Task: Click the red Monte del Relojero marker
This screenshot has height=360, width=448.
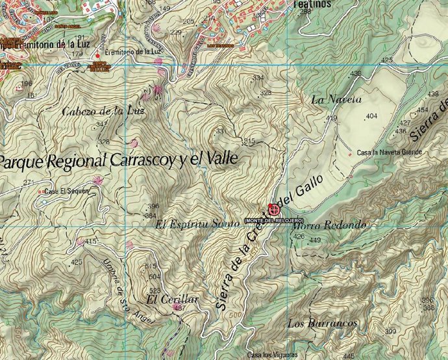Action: tap(274, 210)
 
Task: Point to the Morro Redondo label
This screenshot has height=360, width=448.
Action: tap(329, 225)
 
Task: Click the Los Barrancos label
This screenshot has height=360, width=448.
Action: tap(322, 323)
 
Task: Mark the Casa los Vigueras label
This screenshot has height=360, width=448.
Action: tap(271, 354)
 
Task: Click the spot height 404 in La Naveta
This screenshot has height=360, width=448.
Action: tap(371, 116)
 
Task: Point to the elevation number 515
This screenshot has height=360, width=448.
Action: tap(249, 141)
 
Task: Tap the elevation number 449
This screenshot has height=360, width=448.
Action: tap(315, 241)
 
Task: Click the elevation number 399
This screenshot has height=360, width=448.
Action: tap(390, 331)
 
